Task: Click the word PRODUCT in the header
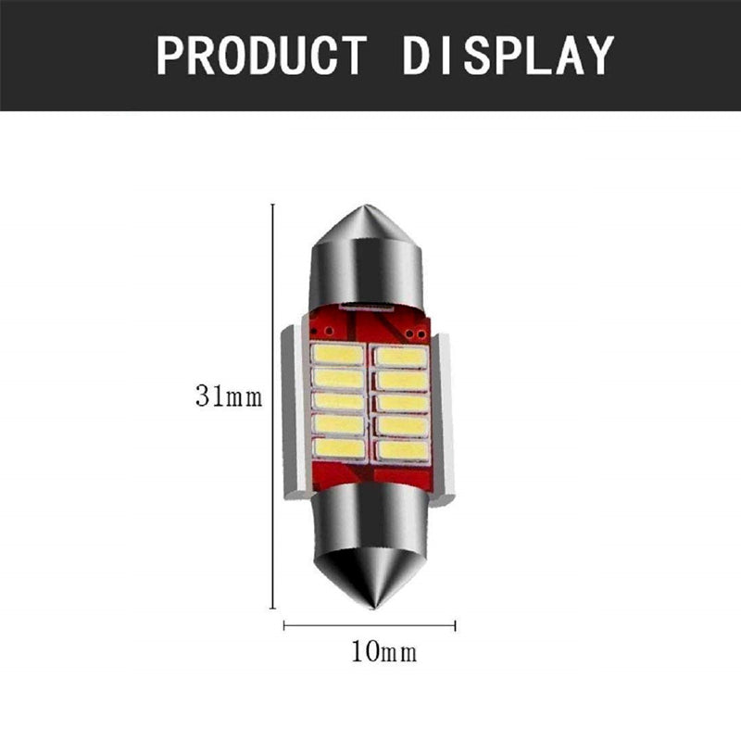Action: (x=261, y=56)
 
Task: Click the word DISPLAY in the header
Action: (x=508, y=56)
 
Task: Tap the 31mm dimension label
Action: (x=229, y=396)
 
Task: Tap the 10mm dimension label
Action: (x=383, y=652)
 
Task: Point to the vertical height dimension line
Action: (x=272, y=407)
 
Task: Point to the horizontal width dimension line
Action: (x=369, y=626)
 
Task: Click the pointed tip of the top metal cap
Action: (x=368, y=206)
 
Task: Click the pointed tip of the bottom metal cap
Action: (x=373, y=609)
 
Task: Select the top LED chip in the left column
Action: (x=337, y=354)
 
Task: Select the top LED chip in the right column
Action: (x=401, y=357)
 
